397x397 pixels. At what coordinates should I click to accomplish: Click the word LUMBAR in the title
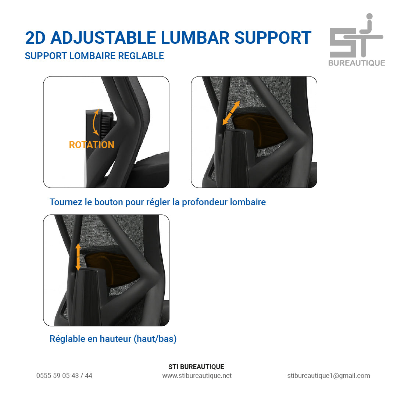point(195,38)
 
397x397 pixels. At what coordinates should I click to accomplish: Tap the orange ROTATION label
point(92,145)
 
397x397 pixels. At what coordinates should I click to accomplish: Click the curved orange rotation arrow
point(95,122)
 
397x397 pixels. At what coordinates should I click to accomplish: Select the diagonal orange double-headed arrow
point(231,113)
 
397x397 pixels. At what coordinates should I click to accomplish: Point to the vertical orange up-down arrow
point(78,257)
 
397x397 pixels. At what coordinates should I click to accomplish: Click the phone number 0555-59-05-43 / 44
point(64,375)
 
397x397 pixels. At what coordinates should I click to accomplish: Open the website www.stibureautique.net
point(197,375)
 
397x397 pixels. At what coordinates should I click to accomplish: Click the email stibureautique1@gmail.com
point(329,375)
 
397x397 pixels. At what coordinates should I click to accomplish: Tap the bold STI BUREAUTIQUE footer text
point(196,366)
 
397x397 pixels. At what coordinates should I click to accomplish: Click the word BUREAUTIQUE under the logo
point(357,63)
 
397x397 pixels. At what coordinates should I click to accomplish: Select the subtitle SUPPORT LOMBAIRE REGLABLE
point(94,56)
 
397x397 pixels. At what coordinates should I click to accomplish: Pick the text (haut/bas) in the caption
point(155,339)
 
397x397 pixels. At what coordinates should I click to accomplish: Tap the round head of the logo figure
point(369,17)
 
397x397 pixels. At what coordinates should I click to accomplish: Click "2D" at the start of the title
point(35,38)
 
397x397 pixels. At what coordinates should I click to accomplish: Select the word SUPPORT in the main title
point(273,38)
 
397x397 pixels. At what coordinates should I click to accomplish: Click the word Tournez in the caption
point(66,202)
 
